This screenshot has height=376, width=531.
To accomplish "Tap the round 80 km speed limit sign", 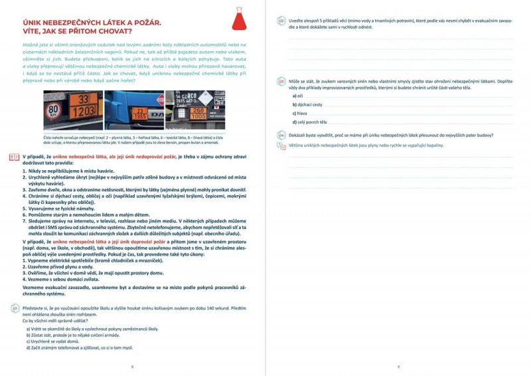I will pyautogui.click(x=54, y=109).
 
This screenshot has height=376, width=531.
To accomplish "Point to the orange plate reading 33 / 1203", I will pyautogui.click(x=84, y=106).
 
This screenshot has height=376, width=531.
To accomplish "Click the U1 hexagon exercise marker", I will pyautogui.click(x=15, y=308).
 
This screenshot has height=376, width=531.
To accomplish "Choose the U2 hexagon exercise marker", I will pyautogui.click(x=281, y=21).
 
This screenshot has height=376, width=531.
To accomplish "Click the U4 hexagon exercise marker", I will pyautogui.click(x=281, y=135).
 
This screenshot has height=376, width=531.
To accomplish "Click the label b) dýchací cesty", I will pyautogui.click(x=307, y=105).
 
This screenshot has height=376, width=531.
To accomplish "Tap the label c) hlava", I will pyautogui.click(x=301, y=114).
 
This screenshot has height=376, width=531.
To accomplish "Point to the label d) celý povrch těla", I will pyautogui.click(x=309, y=122).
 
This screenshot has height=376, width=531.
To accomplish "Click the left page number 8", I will pyautogui.click(x=132, y=366).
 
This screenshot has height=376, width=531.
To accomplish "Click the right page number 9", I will pyautogui.click(x=398, y=366).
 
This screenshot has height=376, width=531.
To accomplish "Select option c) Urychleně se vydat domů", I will pyautogui.click(x=54, y=341).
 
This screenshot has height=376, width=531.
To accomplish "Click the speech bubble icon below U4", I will pyautogui.click(x=281, y=144).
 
